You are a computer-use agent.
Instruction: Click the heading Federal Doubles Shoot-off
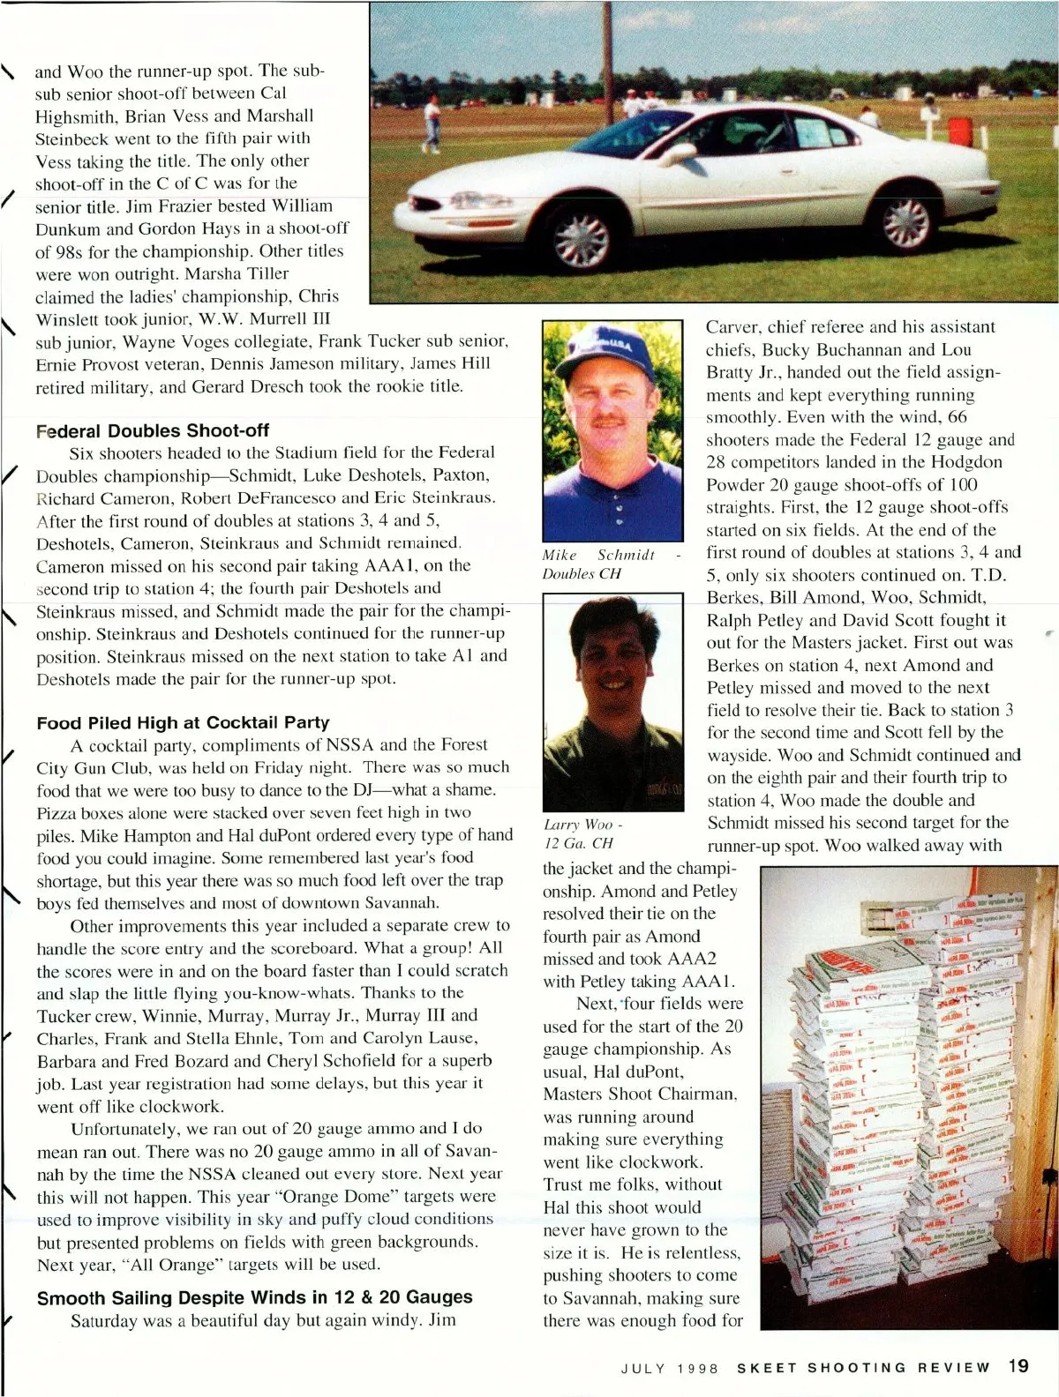[x=153, y=430]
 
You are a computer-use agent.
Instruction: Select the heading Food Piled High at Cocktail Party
[x=183, y=723]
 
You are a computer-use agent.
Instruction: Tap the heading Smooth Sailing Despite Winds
[x=254, y=1297]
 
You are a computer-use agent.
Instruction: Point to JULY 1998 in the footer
[x=671, y=1368]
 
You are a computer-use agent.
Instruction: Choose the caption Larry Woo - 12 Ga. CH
[x=583, y=833]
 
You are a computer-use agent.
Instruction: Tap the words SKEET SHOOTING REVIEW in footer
[x=864, y=1368]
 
